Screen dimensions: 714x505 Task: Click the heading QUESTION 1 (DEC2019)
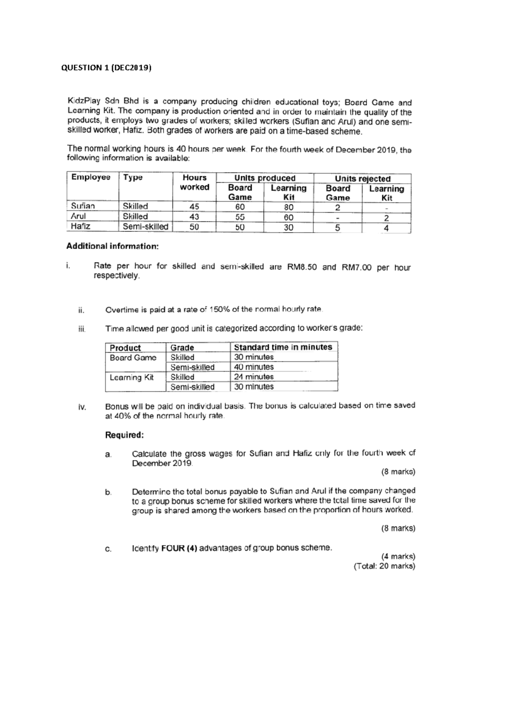106,68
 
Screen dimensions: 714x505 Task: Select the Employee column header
90,177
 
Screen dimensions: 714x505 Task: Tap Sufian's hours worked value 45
194,207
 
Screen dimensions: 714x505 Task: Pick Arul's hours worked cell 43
194,217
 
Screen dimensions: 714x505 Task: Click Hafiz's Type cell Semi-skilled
145,227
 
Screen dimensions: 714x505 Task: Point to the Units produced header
265,178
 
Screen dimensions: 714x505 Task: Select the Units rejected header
362,178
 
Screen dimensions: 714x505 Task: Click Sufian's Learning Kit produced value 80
288,207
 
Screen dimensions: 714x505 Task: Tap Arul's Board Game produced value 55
239,217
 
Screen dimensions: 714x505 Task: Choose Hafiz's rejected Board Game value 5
338,228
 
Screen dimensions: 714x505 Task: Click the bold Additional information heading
112,246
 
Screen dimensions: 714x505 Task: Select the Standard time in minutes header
283,347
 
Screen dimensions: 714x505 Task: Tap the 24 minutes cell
253,377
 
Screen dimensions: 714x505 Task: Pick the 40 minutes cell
253,367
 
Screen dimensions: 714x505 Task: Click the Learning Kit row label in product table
131,377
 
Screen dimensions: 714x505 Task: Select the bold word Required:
125,435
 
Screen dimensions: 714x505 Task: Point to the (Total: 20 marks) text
384,566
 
